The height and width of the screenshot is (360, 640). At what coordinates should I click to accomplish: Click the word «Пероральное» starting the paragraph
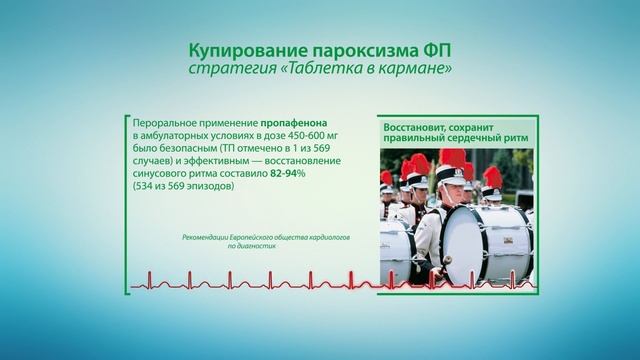pos(166,119)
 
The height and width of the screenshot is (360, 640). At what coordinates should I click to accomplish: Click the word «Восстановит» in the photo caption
pos(419,127)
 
